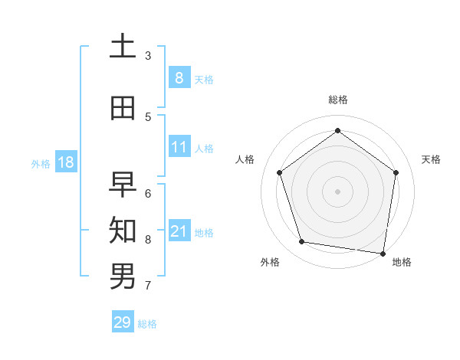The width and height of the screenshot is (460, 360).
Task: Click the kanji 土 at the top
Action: click(123, 47)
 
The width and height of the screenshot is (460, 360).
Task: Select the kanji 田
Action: click(123, 109)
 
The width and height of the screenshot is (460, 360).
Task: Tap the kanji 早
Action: click(123, 185)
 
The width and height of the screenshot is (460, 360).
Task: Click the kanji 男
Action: click(123, 277)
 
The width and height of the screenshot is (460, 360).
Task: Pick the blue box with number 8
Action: click(179, 78)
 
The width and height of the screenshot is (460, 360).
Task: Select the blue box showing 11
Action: click(179, 147)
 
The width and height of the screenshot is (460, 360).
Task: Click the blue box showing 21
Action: click(179, 231)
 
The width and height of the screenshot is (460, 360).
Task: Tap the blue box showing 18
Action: click(65, 162)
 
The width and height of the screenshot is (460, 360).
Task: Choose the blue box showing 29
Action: click(122, 322)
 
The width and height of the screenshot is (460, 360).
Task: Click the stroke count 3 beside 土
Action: click(148, 56)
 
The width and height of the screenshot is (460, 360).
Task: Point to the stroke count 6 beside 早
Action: click(148, 194)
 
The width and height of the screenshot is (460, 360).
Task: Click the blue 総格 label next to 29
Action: click(147, 324)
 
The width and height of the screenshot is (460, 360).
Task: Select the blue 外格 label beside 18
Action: click(41, 163)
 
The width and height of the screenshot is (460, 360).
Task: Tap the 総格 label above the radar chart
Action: click(337, 100)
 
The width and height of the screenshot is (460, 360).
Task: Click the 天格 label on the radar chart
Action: click(431, 159)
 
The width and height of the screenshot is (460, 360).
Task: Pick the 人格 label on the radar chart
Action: click(245, 159)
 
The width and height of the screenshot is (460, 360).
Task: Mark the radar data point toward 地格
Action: click(383, 253)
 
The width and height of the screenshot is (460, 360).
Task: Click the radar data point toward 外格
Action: click(302, 242)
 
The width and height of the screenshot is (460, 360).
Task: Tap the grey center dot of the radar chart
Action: click(337, 191)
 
